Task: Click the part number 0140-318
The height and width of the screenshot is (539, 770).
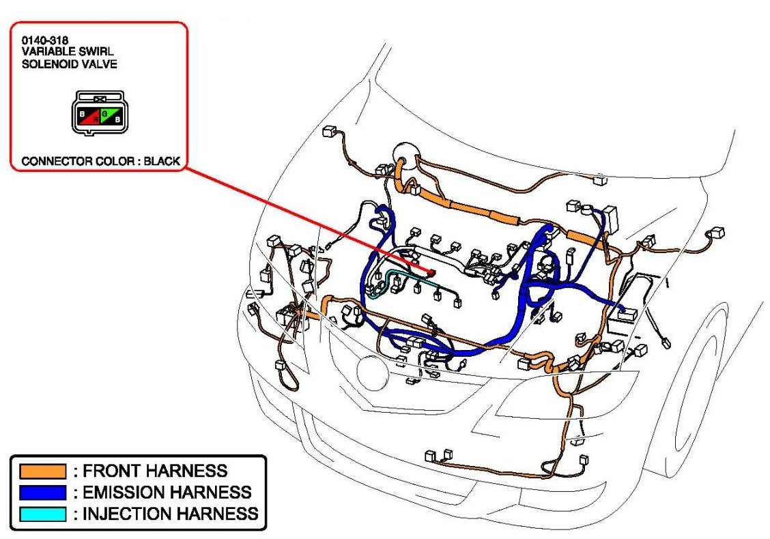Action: [x=44, y=41]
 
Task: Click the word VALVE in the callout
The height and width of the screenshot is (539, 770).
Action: [x=101, y=64]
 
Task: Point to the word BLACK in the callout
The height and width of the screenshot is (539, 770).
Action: [x=162, y=162]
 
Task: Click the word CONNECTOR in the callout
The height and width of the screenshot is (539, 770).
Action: [x=54, y=162]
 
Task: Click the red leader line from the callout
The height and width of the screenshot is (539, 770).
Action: [x=300, y=216]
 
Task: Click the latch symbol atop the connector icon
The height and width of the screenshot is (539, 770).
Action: [x=100, y=98]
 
